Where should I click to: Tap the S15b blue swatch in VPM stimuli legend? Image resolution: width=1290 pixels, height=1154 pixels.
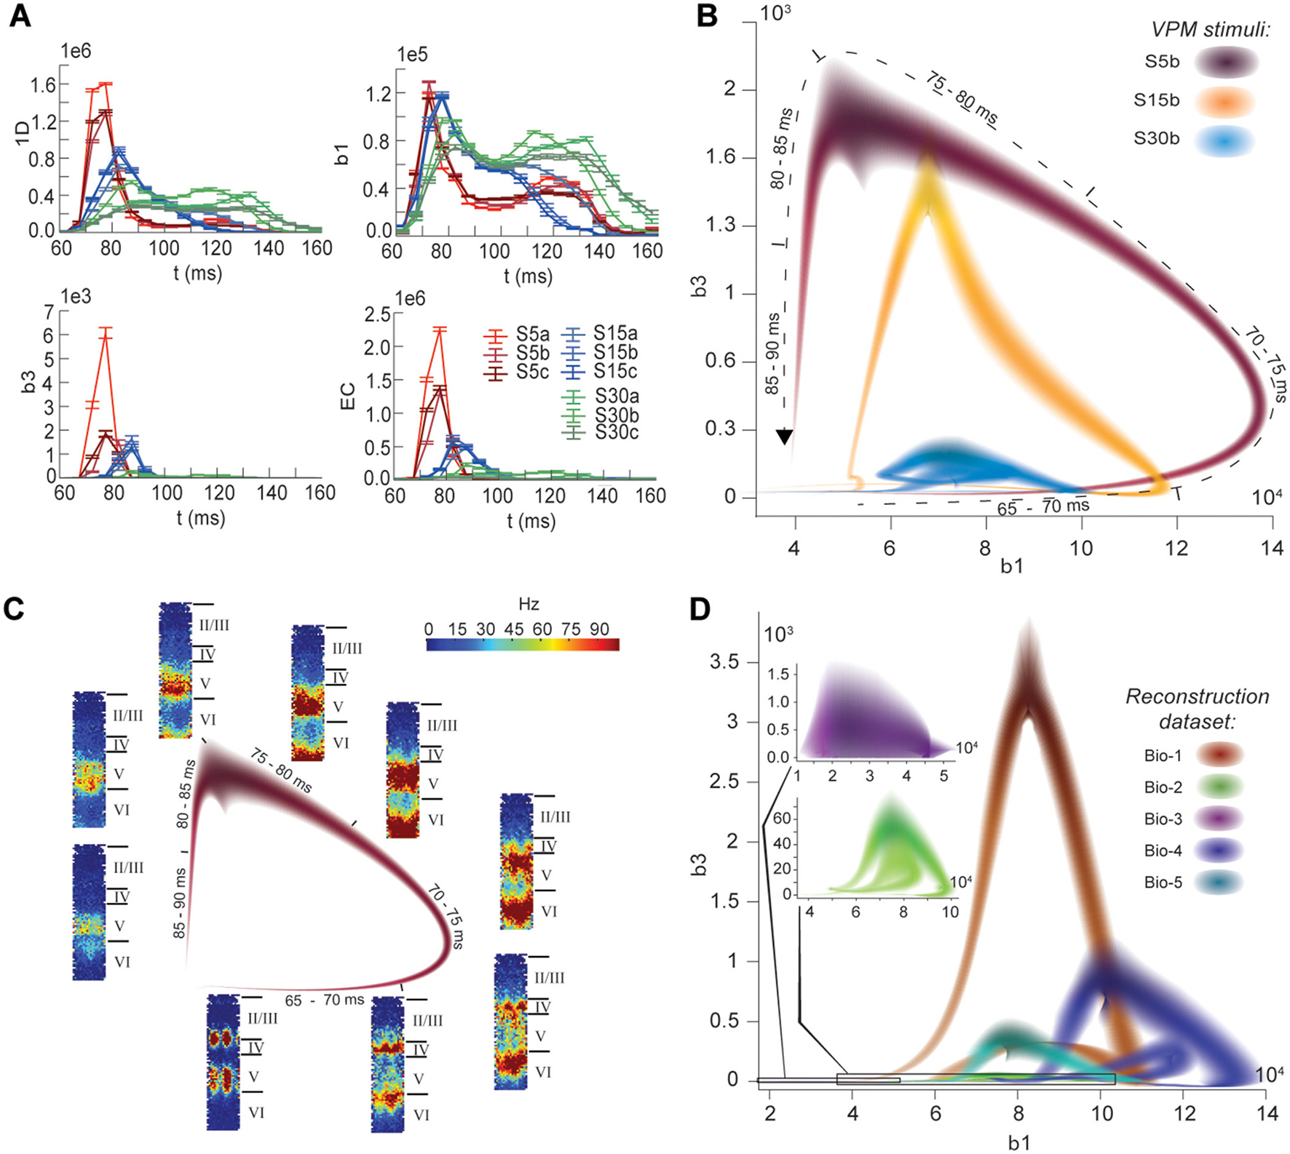1225,100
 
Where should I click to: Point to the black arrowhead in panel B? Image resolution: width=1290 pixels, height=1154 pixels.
784,437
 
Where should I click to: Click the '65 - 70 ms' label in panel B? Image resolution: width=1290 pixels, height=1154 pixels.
1043,506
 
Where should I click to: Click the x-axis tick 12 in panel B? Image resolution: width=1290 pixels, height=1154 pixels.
1177,547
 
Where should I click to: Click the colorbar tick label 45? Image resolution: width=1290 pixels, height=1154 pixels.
513,629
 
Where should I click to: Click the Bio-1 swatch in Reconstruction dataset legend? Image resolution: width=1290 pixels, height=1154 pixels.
1218,755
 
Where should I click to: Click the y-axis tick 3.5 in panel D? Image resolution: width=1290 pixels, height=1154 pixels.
724,661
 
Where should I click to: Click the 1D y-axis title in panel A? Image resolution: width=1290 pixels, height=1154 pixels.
23,133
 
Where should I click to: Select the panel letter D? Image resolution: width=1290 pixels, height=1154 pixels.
700,610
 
